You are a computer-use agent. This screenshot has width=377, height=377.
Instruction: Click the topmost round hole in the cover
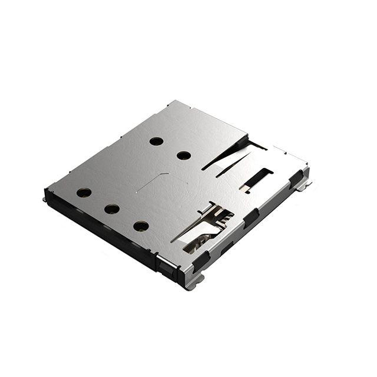[x=156, y=141]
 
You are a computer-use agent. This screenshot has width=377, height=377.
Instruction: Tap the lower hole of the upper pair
[x=184, y=156]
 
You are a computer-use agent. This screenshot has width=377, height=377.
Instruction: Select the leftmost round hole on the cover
[x=84, y=193]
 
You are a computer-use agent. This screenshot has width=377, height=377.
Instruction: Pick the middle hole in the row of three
[x=112, y=209]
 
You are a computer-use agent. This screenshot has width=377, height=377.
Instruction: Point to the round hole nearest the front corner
[x=141, y=226]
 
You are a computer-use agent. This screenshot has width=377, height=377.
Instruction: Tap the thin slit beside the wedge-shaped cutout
[x=231, y=168]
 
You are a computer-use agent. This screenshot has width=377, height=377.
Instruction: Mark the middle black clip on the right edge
[x=252, y=217]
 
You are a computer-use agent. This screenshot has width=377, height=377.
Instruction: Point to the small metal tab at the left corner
[x=45, y=200]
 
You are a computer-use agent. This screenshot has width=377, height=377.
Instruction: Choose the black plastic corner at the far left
[x=48, y=194]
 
